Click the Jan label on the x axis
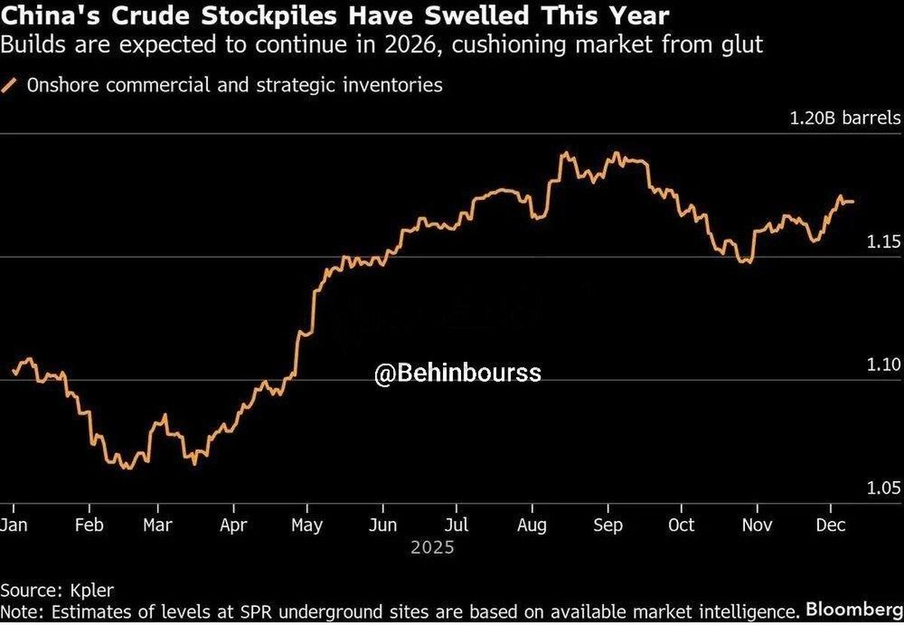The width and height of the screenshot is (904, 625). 14,525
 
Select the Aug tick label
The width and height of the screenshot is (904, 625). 531,525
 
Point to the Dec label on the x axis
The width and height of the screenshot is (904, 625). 830,525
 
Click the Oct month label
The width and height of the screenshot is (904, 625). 681,525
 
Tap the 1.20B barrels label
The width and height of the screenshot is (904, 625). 844,118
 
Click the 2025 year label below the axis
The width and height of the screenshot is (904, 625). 432,547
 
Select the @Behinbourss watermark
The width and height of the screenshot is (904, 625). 458,372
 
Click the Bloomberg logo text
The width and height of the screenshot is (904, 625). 854,608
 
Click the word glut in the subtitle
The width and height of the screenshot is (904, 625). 743,45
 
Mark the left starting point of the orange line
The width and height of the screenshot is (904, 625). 14,372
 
